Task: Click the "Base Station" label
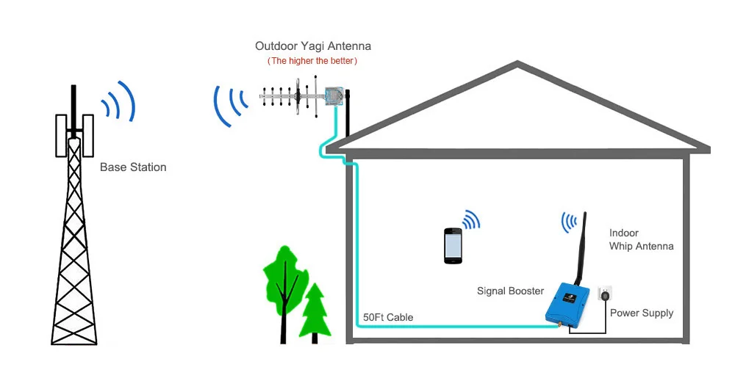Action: pyautogui.click(x=133, y=167)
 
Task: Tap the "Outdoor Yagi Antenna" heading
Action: pyautogui.click(x=313, y=46)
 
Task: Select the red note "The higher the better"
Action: pyautogui.click(x=312, y=61)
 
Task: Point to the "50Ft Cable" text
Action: pyautogui.click(x=388, y=318)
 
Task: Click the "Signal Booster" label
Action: pyautogui.click(x=511, y=291)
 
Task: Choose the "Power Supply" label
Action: pyautogui.click(x=642, y=313)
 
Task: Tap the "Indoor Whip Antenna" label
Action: pyautogui.click(x=641, y=239)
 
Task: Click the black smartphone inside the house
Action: pyautogui.click(x=453, y=244)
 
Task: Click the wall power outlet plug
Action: pyautogui.click(x=605, y=296)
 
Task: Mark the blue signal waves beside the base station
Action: pyautogui.click(x=120, y=103)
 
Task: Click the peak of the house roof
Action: pyautogui.click(x=519, y=67)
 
